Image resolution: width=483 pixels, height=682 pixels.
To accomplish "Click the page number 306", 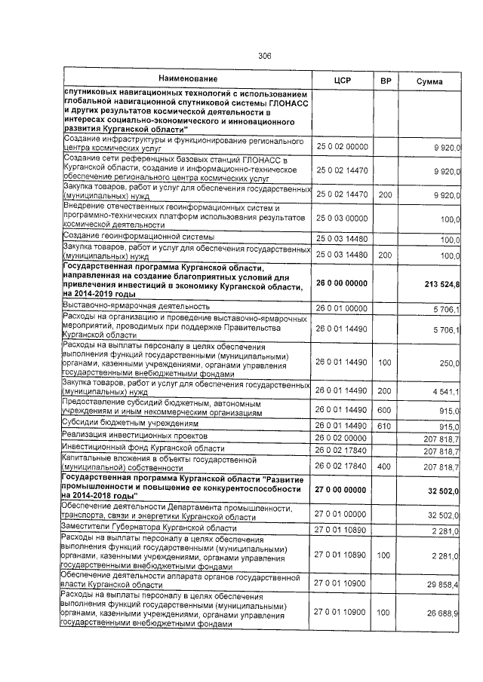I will [x=264, y=56].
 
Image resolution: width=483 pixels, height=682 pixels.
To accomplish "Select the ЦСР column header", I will [x=343, y=81].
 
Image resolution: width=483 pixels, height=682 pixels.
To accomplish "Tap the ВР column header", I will [x=385, y=81].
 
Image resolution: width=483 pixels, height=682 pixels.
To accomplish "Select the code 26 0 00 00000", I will [x=343, y=283].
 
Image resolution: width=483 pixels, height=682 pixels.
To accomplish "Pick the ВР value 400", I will [x=385, y=466].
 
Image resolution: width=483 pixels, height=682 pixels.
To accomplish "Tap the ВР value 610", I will [x=385, y=426].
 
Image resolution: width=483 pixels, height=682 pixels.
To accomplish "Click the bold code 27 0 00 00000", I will [x=343, y=489].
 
